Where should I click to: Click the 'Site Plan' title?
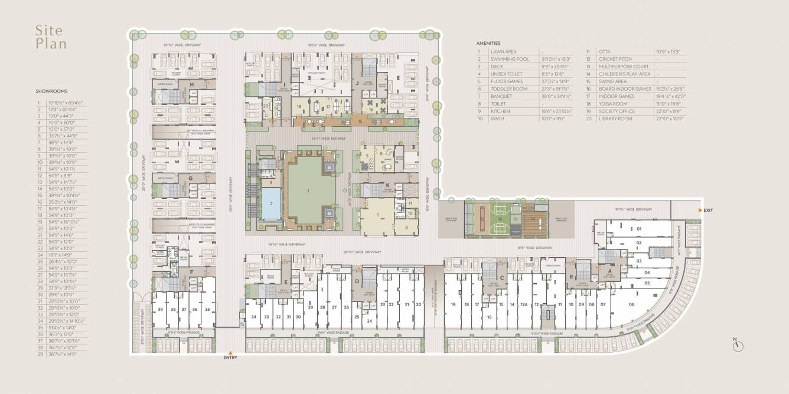[x=50, y=37]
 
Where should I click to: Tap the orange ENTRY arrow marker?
[x=230, y=353]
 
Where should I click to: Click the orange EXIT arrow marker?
[x=699, y=210]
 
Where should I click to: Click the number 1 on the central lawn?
[x=308, y=191]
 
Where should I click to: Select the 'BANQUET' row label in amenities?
[x=501, y=96]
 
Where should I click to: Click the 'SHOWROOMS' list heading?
[x=51, y=91]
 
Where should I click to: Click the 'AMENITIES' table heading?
[x=488, y=43]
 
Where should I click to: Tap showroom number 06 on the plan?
[x=631, y=304]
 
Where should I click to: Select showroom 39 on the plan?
[x=160, y=309]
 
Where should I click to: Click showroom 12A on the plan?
[x=524, y=304]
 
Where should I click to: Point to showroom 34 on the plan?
[x=254, y=317]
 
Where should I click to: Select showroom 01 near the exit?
[x=638, y=228]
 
